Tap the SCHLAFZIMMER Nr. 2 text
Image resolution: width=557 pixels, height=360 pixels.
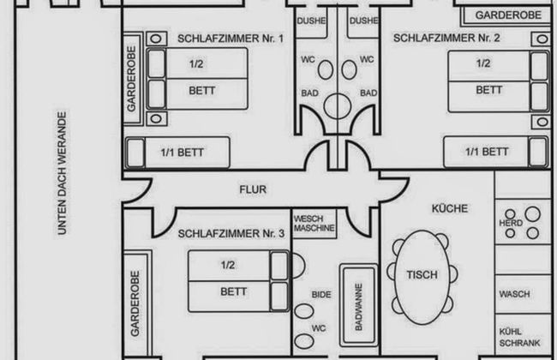coord(434,38)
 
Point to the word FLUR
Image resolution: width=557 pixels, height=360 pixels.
coord(250,191)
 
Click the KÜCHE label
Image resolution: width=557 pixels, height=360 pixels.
coord(448,208)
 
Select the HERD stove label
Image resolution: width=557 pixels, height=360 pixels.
coord(511,223)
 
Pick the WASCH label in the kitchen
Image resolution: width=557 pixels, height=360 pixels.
coord(514,292)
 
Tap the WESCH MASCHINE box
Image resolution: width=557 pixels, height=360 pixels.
coord(314,224)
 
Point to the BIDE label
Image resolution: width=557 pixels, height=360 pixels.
coord(321,294)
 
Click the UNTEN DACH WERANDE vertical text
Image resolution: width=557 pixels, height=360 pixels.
coord(62,172)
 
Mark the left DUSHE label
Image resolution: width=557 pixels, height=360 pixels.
coord(309,21)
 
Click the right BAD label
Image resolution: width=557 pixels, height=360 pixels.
coord(368,93)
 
